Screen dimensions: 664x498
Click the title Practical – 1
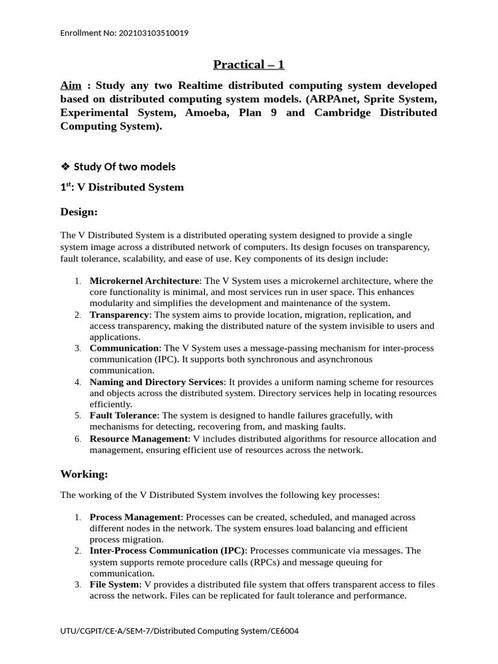[x=249, y=64]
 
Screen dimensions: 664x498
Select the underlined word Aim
[x=71, y=86]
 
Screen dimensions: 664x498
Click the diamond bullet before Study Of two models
[x=65, y=167]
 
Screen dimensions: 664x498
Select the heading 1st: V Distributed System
[x=122, y=187]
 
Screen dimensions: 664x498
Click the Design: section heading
[x=79, y=211]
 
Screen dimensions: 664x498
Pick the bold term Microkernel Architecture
[x=144, y=281]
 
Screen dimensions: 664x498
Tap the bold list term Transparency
[x=119, y=314]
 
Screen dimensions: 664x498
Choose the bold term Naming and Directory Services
[x=156, y=382]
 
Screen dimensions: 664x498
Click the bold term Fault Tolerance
[x=123, y=415]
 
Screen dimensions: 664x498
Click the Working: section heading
[x=84, y=474]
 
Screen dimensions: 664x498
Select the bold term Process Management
[x=135, y=517]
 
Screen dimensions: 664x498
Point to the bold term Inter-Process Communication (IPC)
[x=167, y=551]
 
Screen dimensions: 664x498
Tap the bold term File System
[x=114, y=584]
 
